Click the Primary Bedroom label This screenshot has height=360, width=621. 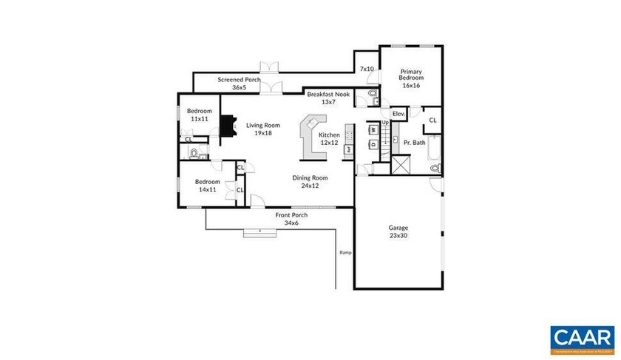point(411,78)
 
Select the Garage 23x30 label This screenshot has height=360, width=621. point(398,231)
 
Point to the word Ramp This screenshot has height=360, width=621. point(345,253)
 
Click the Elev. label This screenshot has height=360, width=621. point(398,114)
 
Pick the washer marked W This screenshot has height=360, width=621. point(374,129)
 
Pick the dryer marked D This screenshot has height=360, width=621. point(374,143)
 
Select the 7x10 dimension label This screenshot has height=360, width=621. point(367,69)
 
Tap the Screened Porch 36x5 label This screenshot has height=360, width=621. point(238,84)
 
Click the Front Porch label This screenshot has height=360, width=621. point(291,219)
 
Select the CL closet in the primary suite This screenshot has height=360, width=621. point(432,120)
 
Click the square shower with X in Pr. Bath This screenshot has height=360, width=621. point(401,164)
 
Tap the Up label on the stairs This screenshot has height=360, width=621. point(384,122)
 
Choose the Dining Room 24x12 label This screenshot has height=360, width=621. point(310,182)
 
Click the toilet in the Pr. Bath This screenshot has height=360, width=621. point(435,169)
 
